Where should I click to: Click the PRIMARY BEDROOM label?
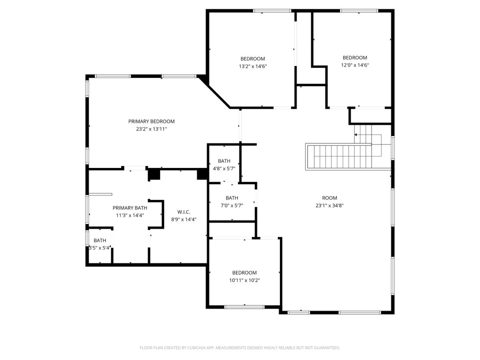coord(151,121)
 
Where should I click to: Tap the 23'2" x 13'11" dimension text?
coord(151,129)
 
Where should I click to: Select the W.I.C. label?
coord(184,212)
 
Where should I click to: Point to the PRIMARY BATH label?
coord(130,208)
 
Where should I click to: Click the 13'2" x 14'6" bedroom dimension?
coord(253,66)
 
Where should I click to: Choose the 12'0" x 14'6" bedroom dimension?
coord(355,65)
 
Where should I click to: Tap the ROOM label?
coord(330,198)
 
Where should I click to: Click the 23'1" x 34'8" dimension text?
coord(330,206)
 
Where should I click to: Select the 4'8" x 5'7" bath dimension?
coord(224,168)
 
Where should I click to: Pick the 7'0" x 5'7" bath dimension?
coord(232,206)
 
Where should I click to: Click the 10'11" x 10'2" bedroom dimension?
coord(244,280)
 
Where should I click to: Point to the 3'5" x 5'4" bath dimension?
coord(99,248)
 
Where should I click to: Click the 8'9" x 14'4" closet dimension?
coord(184,220)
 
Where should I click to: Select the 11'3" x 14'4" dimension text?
coord(130,215)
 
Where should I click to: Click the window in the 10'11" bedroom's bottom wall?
coord(244,307)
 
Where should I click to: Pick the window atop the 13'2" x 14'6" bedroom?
coord(272,11)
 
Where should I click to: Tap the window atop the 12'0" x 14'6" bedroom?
coord(359,11)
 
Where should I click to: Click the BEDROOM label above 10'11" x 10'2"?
coord(244,272)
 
